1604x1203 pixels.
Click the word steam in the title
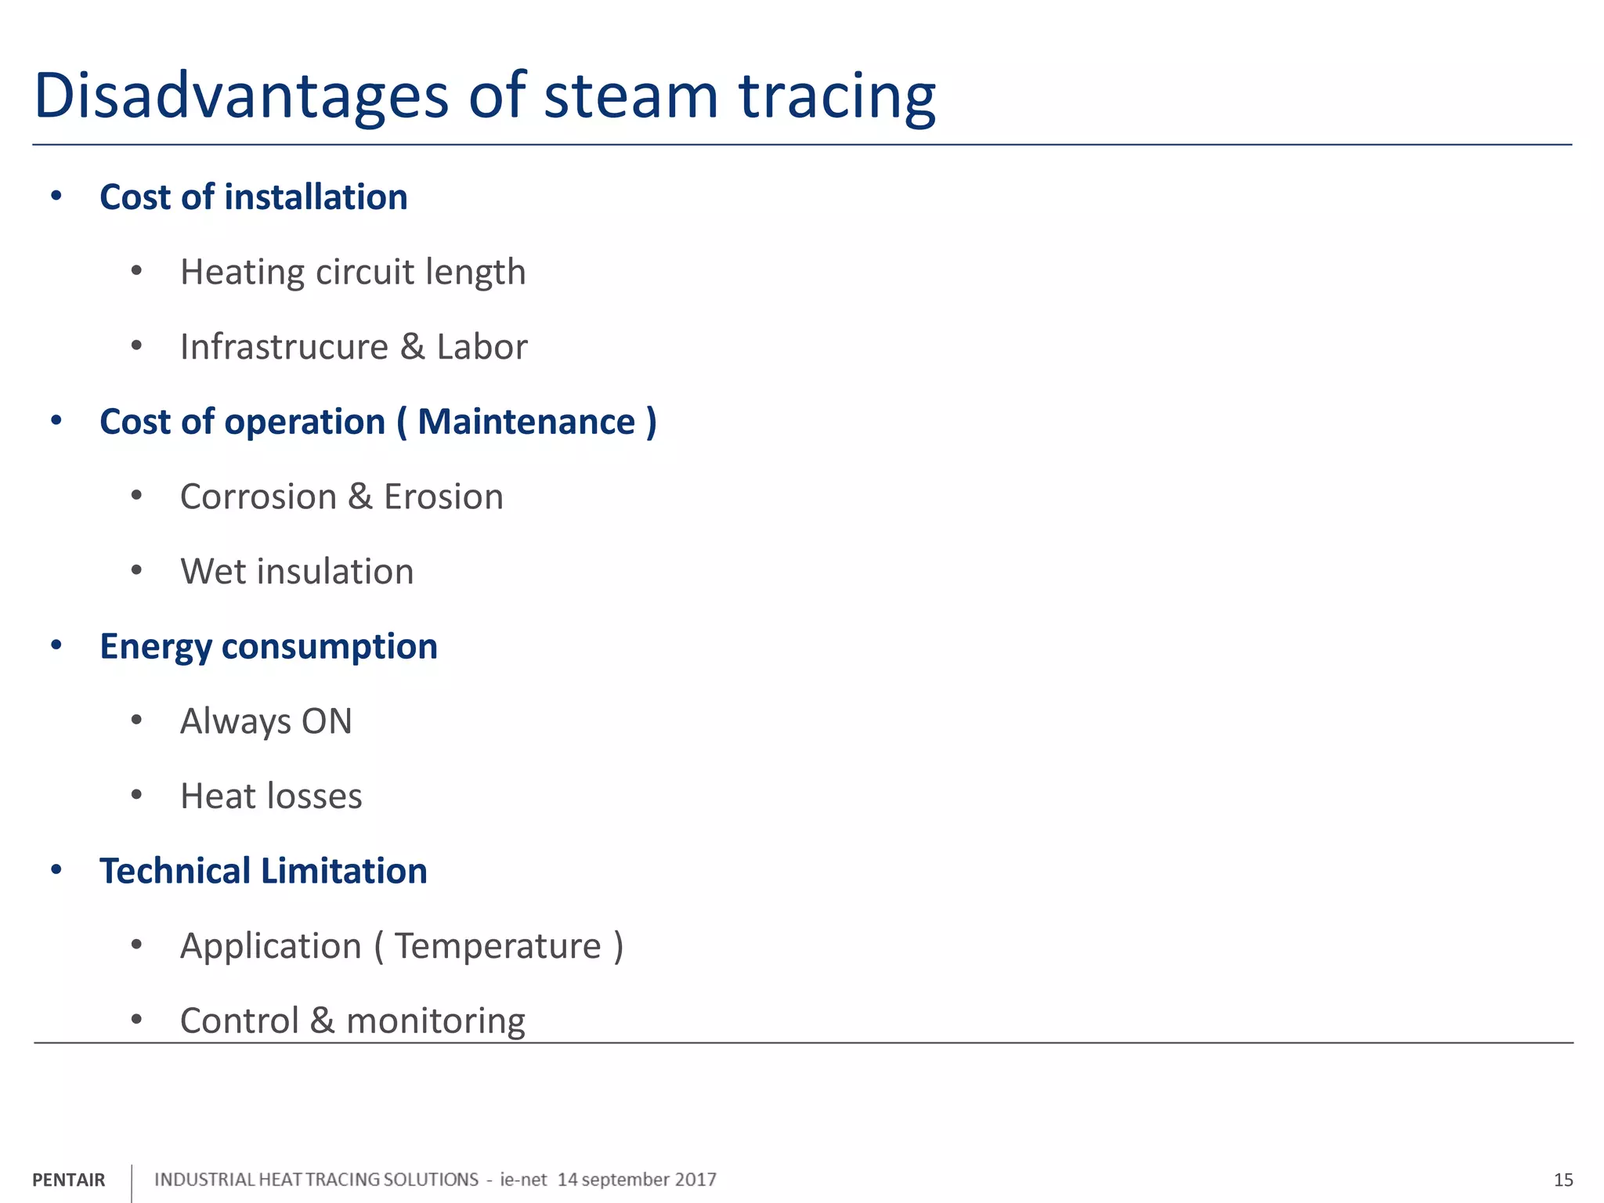(x=630, y=96)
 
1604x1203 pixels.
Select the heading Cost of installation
(x=253, y=197)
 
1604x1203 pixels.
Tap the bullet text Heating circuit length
(x=352, y=273)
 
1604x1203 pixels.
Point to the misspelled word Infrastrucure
(x=284, y=347)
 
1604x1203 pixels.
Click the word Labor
(x=482, y=347)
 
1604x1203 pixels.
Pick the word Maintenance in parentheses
(x=526, y=422)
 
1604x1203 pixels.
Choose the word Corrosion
(x=258, y=497)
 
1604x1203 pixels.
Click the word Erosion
(x=443, y=497)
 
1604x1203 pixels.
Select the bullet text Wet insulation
(x=297, y=572)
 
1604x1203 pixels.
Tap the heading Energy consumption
(x=268, y=647)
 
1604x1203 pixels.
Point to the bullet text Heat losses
(x=271, y=797)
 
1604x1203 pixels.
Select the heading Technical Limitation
(x=263, y=871)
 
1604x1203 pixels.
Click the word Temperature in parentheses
(x=497, y=946)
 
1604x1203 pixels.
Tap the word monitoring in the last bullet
(x=435, y=1021)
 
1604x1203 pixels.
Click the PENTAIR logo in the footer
(x=68, y=1180)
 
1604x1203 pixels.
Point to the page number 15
(x=1563, y=1180)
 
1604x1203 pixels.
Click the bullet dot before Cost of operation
(x=56, y=421)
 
